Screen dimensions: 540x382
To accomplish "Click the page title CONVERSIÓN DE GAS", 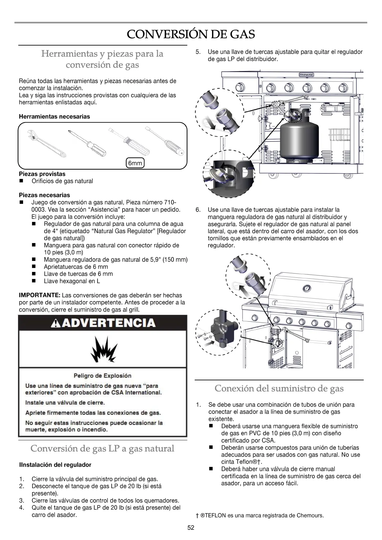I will [191, 34].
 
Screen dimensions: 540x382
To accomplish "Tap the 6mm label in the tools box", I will [135, 163].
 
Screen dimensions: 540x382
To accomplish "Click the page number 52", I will [191, 528].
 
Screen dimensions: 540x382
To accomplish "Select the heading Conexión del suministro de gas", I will [279, 389].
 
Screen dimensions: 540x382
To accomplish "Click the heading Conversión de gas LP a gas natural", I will [102, 448].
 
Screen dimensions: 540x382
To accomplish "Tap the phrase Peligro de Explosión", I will [102, 375].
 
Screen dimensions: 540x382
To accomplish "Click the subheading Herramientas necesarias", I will [55, 117].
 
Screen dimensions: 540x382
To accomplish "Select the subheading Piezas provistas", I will [42, 174].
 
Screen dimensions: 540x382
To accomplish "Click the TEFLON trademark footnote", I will [259, 516].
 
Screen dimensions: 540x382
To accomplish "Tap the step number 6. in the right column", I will [198, 210].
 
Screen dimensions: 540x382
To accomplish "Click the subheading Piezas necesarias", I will [44, 195].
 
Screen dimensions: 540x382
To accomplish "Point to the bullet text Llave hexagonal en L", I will [72, 281].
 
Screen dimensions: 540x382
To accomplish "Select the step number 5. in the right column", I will [198, 52].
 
